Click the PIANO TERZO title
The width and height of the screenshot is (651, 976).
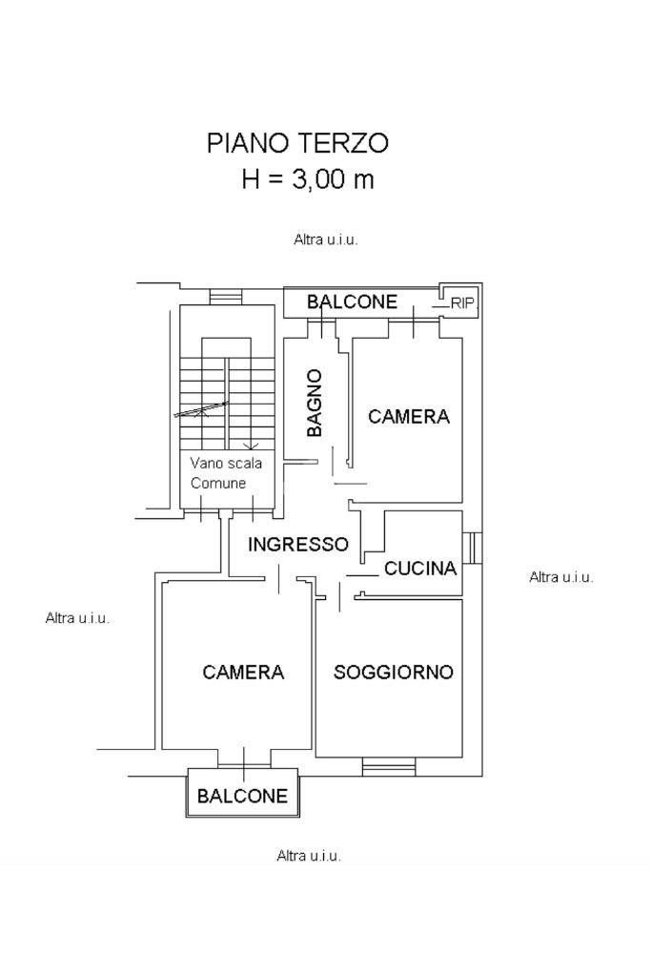(x=297, y=144)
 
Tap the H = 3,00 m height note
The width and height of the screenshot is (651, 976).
(x=307, y=179)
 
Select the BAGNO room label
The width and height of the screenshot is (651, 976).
(x=315, y=404)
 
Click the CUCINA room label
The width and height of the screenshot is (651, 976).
(x=420, y=570)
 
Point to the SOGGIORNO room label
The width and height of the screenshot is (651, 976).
(x=393, y=672)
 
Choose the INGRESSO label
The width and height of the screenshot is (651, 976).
(x=298, y=545)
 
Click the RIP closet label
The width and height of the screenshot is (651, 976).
(x=462, y=303)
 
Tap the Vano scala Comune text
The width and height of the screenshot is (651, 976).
(x=225, y=473)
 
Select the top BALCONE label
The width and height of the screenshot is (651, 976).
(x=352, y=302)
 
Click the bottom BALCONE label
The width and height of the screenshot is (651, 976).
(x=242, y=797)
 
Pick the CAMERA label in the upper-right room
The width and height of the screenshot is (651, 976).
(x=408, y=417)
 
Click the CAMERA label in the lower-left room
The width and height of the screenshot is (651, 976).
(x=243, y=673)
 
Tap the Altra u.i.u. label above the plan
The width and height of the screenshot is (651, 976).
(x=325, y=240)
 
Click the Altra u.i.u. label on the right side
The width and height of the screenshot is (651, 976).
(x=561, y=577)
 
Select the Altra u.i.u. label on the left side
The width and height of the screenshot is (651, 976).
(x=77, y=618)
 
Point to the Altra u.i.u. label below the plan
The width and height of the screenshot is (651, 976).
(x=309, y=856)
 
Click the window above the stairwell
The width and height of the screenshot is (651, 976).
(x=227, y=297)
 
